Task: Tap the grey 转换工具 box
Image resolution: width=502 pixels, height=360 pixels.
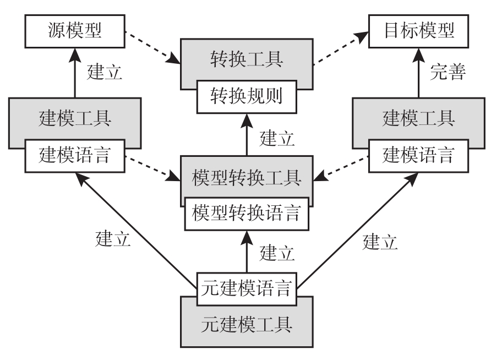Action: pyautogui.click(x=246, y=59)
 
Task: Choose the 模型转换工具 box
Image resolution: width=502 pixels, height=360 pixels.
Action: pyautogui.click(x=246, y=177)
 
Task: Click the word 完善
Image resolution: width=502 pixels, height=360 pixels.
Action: pyautogui.click(x=448, y=72)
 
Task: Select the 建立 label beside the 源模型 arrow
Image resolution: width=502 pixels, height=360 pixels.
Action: pyautogui.click(x=105, y=72)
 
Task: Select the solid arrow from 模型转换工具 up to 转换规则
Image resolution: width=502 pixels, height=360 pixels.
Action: pyautogui.click(x=246, y=135)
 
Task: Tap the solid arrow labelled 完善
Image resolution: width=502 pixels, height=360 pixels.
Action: pyautogui.click(x=419, y=71)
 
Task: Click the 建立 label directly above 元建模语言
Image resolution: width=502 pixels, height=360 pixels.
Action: pyautogui.click(x=277, y=253)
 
